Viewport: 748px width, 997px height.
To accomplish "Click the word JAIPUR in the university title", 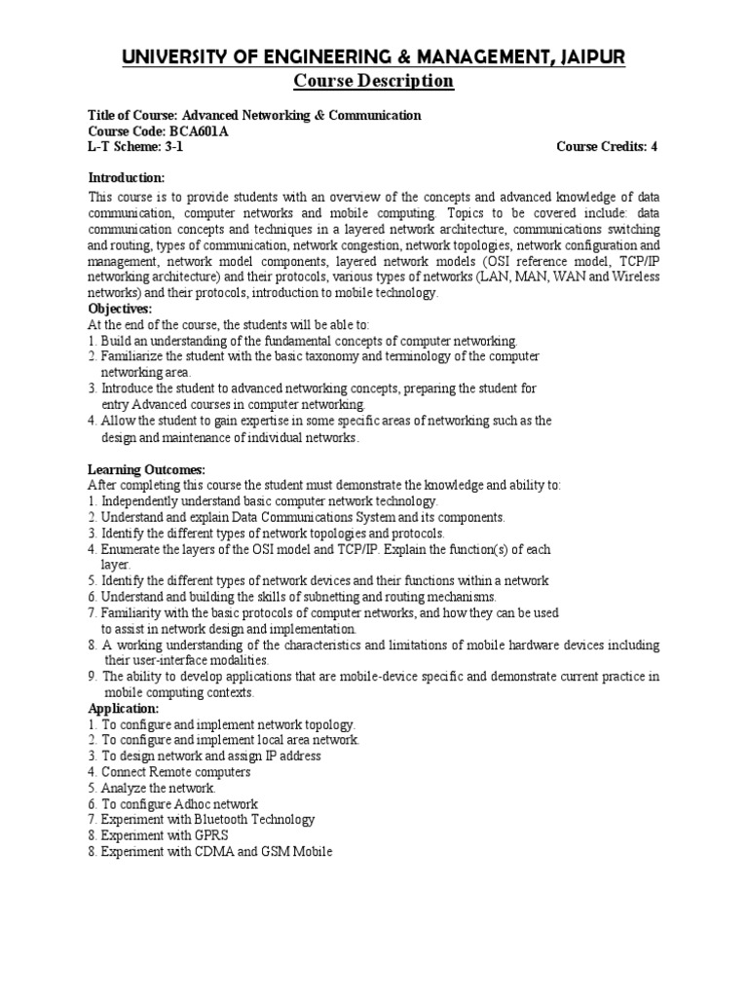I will (591, 59).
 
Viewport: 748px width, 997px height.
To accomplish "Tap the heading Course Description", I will (373, 81).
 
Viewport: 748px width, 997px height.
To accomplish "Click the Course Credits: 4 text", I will (607, 147).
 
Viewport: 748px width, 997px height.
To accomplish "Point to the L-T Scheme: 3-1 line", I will (134, 147).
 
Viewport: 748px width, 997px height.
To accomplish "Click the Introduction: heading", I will (127, 177).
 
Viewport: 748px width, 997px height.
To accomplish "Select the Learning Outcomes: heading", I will (146, 469).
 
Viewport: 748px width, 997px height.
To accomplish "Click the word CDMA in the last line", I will (203, 852).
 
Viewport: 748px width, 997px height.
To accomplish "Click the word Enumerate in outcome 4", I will (131, 549).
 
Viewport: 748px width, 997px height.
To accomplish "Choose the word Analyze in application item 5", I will (124, 788).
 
